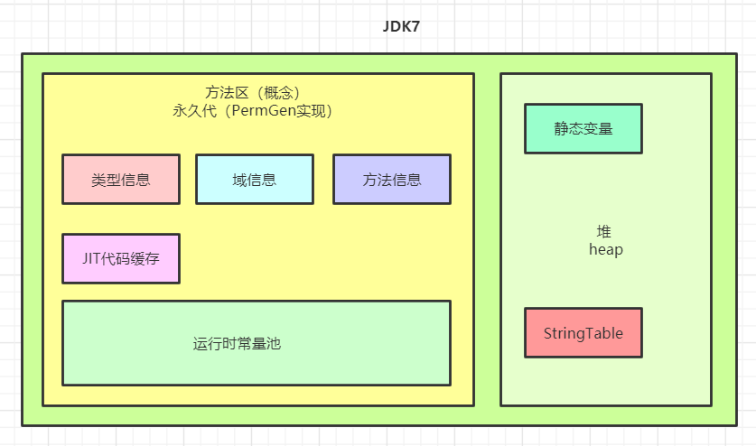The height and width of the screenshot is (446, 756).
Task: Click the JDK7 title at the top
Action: click(x=401, y=26)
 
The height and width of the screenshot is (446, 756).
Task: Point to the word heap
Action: click(x=605, y=249)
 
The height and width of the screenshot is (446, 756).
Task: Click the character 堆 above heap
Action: click(x=604, y=231)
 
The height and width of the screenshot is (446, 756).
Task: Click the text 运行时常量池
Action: click(x=237, y=344)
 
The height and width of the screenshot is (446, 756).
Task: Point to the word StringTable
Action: click(x=583, y=333)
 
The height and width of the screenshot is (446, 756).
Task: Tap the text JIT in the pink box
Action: click(x=92, y=258)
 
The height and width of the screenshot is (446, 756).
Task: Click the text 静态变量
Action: click(x=583, y=129)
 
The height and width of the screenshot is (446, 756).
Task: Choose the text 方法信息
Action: click(x=391, y=180)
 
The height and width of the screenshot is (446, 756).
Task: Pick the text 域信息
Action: click(x=254, y=180)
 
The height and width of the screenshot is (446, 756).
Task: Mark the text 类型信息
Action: click(x=120, y=180)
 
